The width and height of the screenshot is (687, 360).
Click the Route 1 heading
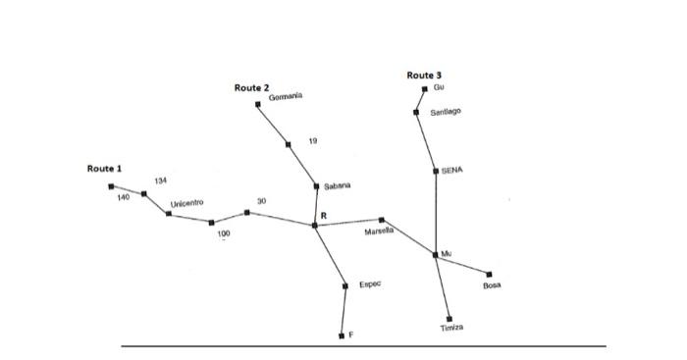(x=105, y=169)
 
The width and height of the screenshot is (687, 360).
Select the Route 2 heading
(x=252, y=88)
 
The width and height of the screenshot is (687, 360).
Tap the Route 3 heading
(x=424, y=76)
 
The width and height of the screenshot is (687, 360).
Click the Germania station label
(x=286, y=96)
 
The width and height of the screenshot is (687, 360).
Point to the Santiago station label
(x=446, y=113)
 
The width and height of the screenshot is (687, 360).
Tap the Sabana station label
(x=337, y=185)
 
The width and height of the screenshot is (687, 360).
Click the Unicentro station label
(x=185, y=203)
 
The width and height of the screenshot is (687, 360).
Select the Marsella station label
(x=379, y=232)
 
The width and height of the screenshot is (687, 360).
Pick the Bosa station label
(x=492, y=285)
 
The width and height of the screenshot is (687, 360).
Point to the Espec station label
(x=370, y=284)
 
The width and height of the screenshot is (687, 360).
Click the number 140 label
(x=123, y=197)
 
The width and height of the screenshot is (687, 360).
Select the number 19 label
(x=312, y=142)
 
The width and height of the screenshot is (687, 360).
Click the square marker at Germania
(x=258, y=103)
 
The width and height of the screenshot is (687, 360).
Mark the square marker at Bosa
(x=489, y=274)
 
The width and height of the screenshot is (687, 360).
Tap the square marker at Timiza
(x=449, y=318)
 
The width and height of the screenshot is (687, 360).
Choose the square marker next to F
(x=342, y=335)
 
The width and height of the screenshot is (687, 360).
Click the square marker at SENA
(x=436, y=171)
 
